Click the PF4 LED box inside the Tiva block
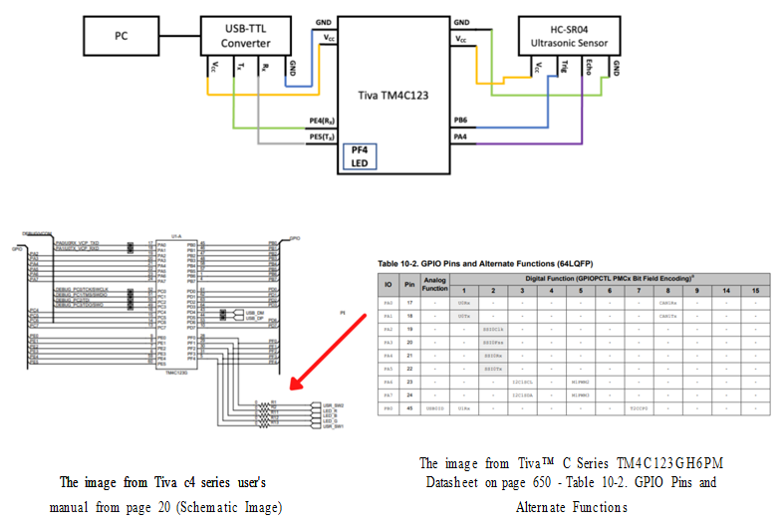point(359,156)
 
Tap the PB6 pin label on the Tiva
point(461,119)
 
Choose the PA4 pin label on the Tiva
point(461,135)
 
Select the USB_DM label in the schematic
point(252,312)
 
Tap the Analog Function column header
point(434,284)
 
